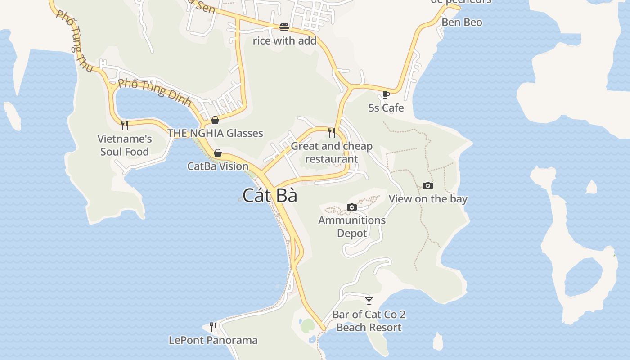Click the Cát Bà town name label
click(x=270, y=195)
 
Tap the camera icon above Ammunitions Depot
click(x=352, y=207)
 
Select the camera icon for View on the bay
click(x=428, y=185)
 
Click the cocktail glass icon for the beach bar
click(x=369, y=301)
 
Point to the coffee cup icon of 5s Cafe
click(x=386, y=94)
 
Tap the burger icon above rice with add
click(x=284, y=27)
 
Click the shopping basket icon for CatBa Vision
click(x=218, y=153)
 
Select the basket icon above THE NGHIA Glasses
click(x=215, y=120)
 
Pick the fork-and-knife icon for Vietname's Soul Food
click(x=125, y=125)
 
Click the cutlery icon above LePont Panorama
click(x=213, y=327)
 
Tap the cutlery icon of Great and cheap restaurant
click(x=332, y=132)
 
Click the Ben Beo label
click(x=462, y=22)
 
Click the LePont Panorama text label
click(x=213, y=340)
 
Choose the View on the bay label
click(x=428, y=199)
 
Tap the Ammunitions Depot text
click(x=352, y=227)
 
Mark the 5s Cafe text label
click(x=386, y=108)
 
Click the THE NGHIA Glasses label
click(x=215, y=133)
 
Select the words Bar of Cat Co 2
click(x=369, y=314)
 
